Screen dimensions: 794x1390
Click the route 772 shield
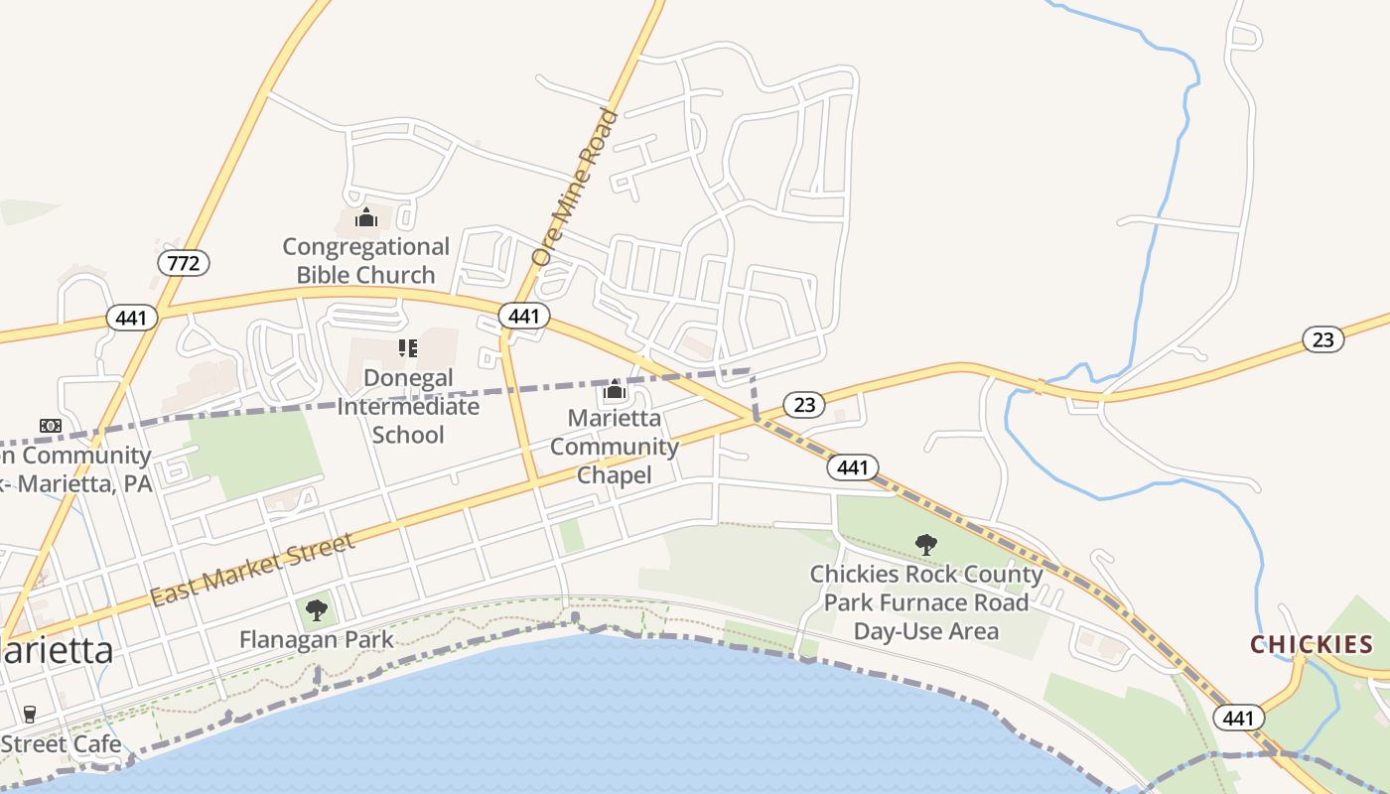pos(184,263)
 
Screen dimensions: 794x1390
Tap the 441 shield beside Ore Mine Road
pos(523,317)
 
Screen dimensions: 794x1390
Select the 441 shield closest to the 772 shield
pos(131,319)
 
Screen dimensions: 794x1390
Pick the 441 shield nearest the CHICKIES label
pos(1238,718)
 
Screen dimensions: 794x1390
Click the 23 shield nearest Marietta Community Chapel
pos(804,404)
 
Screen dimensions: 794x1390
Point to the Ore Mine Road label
pos(576,187)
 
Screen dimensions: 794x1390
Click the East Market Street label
pos(252,570)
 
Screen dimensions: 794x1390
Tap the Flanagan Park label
pos(317,639)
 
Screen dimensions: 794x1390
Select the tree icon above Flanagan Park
pos(317,610)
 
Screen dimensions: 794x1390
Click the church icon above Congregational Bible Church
pos(366,217)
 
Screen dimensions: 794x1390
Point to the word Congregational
pos(366,246)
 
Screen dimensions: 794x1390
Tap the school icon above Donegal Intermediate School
pos(408,348)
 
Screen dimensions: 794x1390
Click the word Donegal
pos(408,378)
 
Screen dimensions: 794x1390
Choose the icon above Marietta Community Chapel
pos(615,389)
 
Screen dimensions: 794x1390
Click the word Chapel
pos(615,475)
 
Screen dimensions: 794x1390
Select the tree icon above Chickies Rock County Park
pos(926,544)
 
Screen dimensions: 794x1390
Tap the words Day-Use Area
pos(926,631)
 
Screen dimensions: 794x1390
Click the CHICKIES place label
pos(1312,645)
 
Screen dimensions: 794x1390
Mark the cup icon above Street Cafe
pos(29,715)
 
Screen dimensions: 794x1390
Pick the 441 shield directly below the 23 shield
pos(853,467)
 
